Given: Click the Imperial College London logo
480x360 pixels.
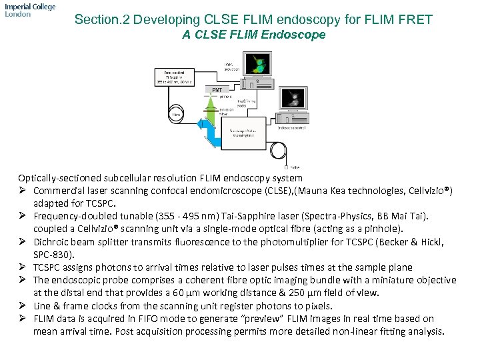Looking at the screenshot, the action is tap(29, 10).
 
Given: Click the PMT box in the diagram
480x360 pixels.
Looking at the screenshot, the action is tap(217, 89).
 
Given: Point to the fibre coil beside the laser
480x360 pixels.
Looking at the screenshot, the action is tap(176, 114).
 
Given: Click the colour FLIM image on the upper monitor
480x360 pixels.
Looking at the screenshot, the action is tap(257, 63).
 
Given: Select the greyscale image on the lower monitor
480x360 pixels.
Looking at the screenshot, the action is tap(293, 99).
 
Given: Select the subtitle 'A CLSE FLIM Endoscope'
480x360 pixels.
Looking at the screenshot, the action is tap(254, 35).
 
